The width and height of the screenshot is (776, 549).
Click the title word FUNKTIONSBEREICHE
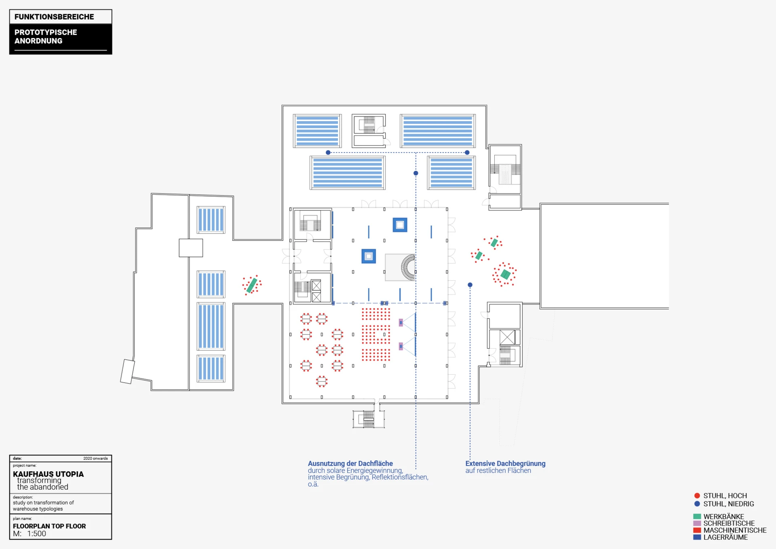54,17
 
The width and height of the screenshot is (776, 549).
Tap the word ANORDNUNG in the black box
38,41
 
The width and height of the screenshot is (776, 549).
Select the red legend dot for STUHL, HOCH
697,496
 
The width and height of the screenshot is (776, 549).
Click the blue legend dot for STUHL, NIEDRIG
697,504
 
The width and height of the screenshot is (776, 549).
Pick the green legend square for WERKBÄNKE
697,517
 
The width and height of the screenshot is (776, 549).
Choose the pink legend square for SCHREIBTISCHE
697,524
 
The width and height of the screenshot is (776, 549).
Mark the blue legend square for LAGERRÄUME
697,537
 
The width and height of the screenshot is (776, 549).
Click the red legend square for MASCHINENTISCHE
697,530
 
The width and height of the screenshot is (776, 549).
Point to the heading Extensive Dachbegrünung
505,464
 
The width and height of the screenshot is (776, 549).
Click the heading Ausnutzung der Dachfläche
350,464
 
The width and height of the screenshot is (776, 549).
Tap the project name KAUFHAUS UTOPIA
48,474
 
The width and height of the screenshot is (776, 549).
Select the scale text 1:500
37,534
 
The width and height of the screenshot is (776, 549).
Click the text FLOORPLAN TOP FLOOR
49,526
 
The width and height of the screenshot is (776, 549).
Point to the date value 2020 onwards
95,458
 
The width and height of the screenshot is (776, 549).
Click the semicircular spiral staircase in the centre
408,267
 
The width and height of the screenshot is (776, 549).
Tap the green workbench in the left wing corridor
252,285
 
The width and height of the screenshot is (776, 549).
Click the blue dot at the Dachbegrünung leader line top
470,285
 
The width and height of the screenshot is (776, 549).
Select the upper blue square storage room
400,225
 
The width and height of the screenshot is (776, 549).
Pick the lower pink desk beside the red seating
401,346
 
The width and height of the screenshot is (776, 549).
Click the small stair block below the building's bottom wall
368,419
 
